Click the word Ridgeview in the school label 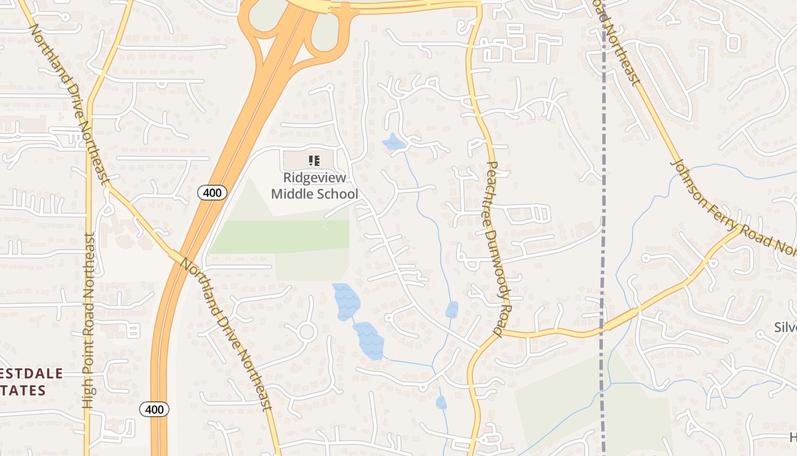[x=314, y=178]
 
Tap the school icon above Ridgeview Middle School [x=314, y=161]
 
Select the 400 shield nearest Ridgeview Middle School [x=212, y=193]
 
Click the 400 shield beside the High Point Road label [x=154, y=409]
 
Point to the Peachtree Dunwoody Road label [x=493, y=249]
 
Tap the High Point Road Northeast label [x=88, y=319]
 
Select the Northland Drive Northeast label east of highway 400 [x=227, y=334]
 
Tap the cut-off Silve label [x=785, y=328]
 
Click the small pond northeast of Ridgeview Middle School [x=393, y=142]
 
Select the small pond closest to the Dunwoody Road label [x=451, y=310]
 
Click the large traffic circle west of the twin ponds [x=307, y=331]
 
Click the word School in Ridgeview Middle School [x=337, y=194]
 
